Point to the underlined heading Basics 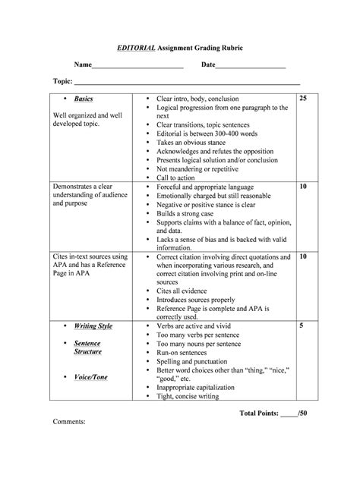[84, 99]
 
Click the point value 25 [303, 99]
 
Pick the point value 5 [302, 325]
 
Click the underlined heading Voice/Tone [90, 377]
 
